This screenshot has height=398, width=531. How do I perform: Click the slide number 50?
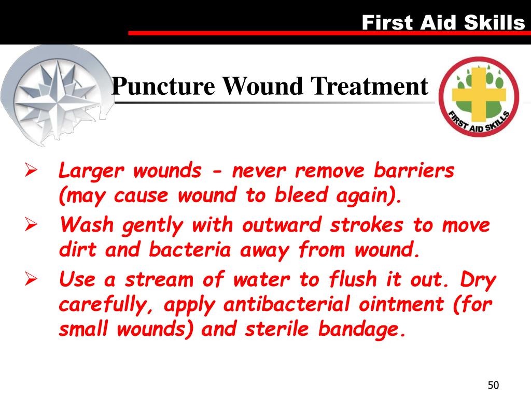coord(493,385)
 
